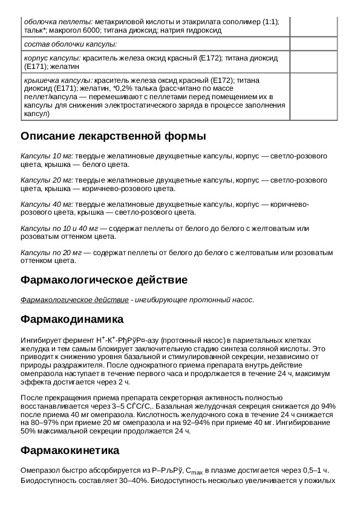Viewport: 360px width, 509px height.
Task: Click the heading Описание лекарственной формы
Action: [x=113, y=135]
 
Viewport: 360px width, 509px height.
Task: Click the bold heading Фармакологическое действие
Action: [x=104, y=280]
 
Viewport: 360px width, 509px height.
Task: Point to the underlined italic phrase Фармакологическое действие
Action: [x=74, y=300]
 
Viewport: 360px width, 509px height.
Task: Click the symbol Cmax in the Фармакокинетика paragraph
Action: [x=194, y=471]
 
